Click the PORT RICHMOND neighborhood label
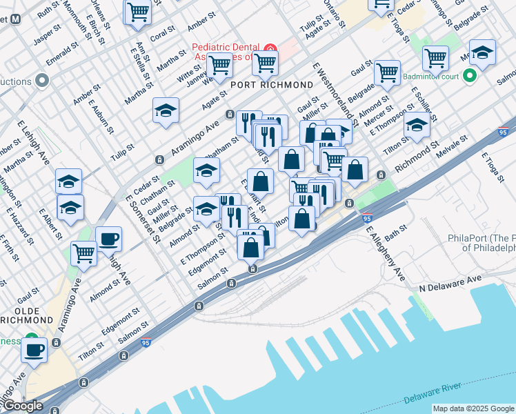point(272,85)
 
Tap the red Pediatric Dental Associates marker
point(270,51)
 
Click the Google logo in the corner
point(22,406)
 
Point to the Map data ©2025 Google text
point(473,408)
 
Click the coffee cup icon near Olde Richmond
point(34,349)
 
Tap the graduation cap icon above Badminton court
point(482,52)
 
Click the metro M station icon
point(15,21)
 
